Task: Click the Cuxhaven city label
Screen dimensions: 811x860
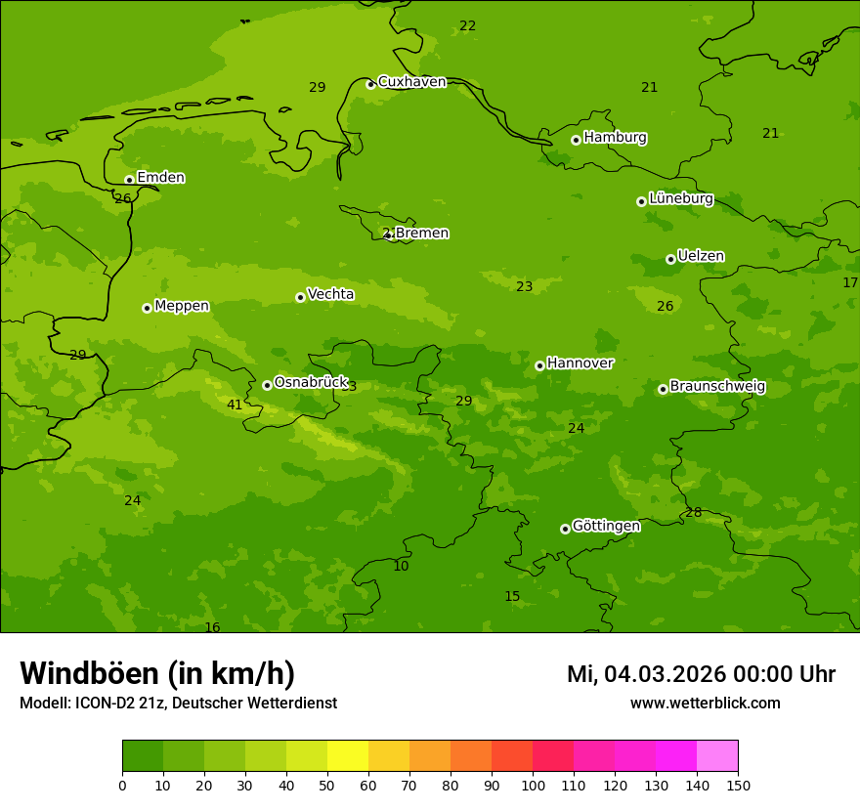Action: click(411, 82)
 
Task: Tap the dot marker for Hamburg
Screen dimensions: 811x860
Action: click(576, 140)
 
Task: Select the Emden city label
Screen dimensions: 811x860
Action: click(160, 178)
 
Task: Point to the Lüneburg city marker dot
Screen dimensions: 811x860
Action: click(641, 201)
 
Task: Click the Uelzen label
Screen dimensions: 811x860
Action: click(701, 257)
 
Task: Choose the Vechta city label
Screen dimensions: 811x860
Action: click(330, 294)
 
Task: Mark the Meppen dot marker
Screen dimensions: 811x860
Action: click(147, 308)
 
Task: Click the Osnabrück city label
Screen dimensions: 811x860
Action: click(311, 383)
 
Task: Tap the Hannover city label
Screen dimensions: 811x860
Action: click(580, 363)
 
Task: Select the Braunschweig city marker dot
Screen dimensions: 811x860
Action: click(663, 389)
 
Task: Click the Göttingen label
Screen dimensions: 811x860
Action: click(606, 527)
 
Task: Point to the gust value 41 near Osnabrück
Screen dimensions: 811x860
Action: click(235, 405)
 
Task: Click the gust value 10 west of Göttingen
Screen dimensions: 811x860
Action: click(401, 567)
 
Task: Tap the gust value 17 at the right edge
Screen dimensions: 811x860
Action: click(850, 282)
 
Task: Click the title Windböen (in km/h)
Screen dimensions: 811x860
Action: click(157, 673)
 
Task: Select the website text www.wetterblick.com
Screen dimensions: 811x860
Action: click(705, 704)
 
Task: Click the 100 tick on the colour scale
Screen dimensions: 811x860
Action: click(533, 785)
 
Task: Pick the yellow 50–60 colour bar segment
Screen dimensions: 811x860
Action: click(348, 756)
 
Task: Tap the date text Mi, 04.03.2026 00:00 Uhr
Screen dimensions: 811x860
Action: click(701, 674)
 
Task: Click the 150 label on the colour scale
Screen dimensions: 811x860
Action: click(738, 785)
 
